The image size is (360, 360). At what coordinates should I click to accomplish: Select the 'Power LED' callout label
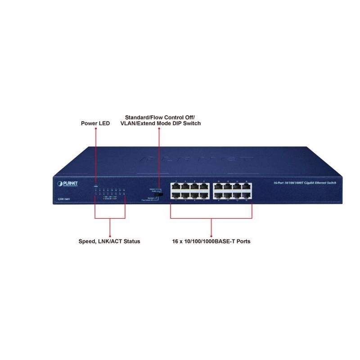(95, 123)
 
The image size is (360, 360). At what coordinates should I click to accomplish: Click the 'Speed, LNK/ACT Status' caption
(109, 241)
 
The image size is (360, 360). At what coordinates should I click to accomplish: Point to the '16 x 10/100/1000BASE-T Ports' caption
(211, 241)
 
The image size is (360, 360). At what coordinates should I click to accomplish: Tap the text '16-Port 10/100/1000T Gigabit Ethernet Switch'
(304, 183)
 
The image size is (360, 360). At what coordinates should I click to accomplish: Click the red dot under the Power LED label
(95, 129)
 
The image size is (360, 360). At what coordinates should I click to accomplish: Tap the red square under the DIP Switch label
(159, 129)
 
